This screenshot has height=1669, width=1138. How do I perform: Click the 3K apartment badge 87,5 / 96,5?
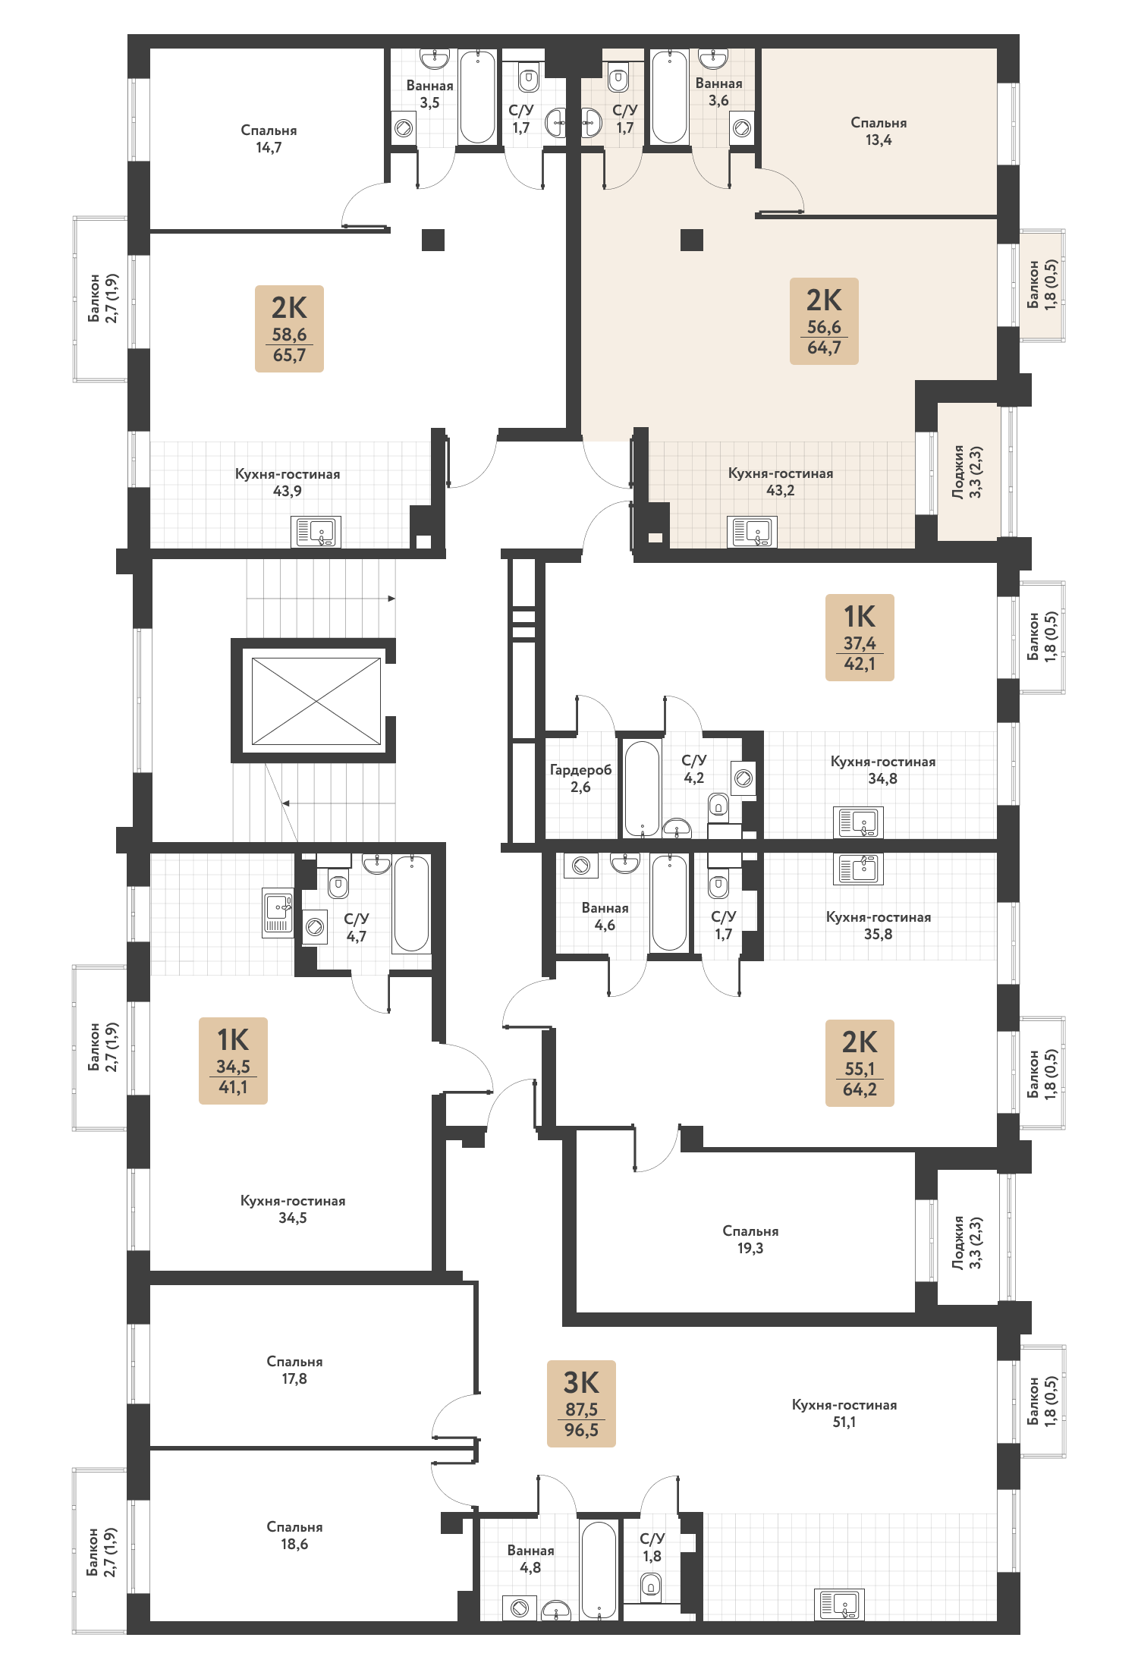581,1403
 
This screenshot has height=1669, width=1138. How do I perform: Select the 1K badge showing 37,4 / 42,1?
860,637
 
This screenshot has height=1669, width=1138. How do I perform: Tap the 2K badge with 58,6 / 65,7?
289,328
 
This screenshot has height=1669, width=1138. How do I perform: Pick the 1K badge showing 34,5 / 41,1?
233,1061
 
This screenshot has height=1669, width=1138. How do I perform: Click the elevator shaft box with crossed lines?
316,701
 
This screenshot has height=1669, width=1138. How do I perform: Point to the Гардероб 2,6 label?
580,778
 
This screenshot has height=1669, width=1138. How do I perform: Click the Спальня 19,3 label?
750,1239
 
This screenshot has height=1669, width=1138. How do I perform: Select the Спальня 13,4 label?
879,131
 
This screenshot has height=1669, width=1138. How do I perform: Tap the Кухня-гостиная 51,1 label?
844,1413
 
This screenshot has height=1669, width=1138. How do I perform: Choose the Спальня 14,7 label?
269,139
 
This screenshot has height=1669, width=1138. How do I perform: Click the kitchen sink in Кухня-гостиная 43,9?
316,532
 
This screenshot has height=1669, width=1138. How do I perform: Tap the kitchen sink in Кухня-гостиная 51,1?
839,1605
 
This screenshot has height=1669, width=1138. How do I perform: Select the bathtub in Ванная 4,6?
669,903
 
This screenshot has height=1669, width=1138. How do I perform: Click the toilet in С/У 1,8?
651,1586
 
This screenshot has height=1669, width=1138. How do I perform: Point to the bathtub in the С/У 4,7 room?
411,904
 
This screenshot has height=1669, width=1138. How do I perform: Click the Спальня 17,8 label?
294,1369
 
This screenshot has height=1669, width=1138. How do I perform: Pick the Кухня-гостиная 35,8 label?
879,926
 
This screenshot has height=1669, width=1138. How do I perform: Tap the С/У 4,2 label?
694,769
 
